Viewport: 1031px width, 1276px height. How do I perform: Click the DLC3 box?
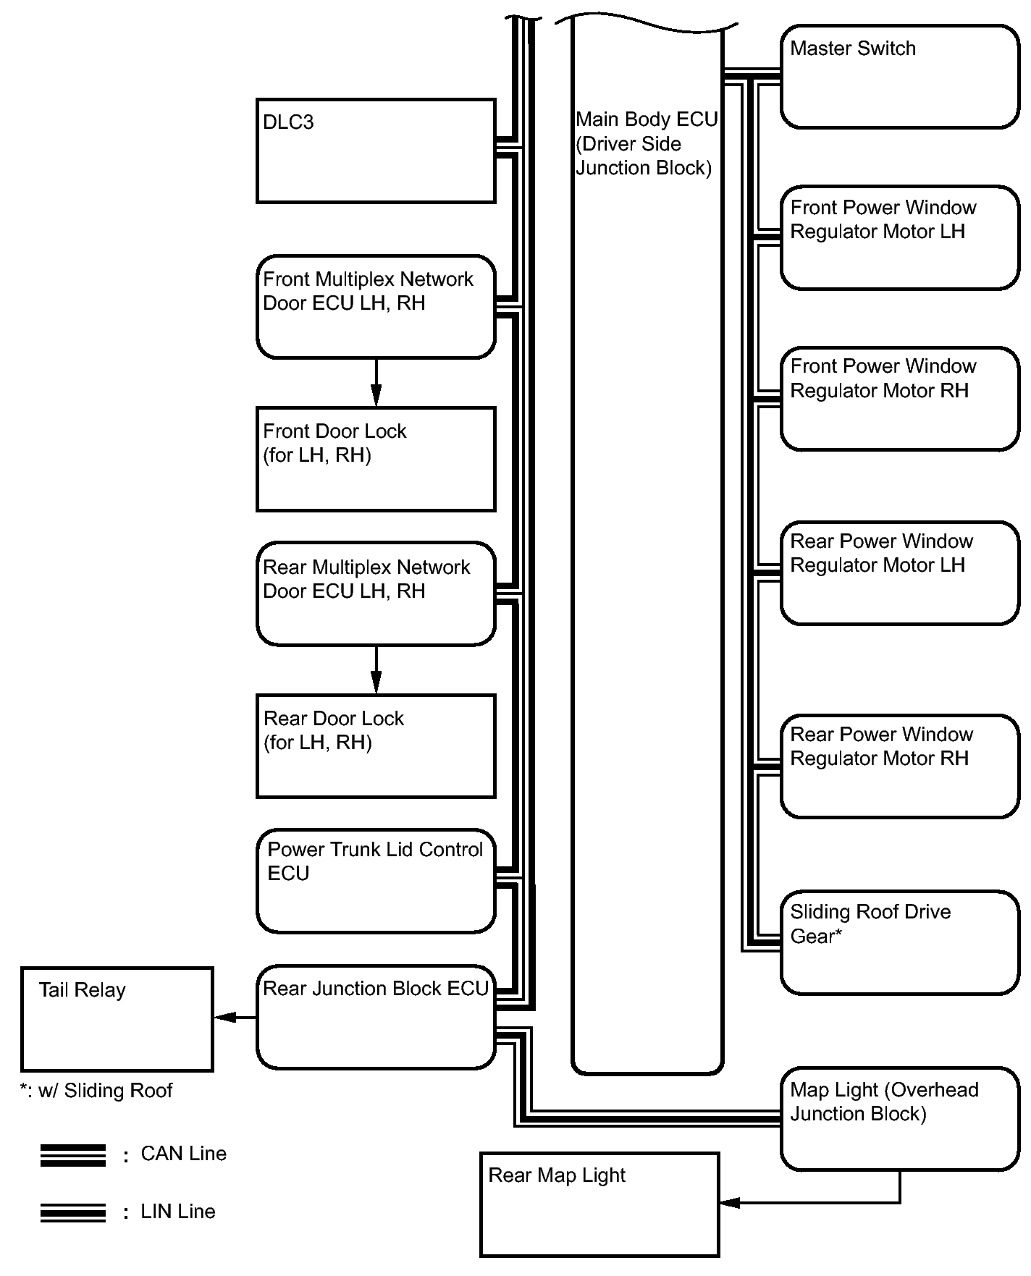(376, 151)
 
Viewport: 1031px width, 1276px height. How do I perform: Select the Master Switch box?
(900, 77)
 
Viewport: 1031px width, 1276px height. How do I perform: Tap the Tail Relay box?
(117, 1019)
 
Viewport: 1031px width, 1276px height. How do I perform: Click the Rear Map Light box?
(599, 1204)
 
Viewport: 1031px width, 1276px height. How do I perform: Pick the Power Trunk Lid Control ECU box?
(376, 881)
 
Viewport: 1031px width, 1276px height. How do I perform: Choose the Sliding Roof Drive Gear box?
(900, 942)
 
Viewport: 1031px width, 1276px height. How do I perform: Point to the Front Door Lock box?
(376, 459)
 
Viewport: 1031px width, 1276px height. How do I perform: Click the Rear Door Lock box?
(376, 746)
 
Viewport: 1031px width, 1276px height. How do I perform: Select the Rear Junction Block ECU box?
(376, 1017)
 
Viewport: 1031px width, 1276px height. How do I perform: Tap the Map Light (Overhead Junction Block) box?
(900, 1119)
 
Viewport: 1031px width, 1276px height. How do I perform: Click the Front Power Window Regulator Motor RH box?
(900, 399)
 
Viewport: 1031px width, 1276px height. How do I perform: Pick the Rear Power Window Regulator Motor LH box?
(900, 572)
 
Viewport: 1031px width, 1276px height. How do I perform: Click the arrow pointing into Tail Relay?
(235, 1018)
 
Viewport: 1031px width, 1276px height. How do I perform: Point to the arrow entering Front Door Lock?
(376, 382)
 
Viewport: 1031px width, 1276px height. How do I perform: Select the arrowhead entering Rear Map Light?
(730, 1203)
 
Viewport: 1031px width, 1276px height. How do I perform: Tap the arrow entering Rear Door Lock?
(376, 669)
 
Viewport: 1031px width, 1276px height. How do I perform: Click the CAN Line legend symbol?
(73, 1155)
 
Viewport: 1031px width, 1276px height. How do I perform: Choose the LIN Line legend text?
(178, 1212)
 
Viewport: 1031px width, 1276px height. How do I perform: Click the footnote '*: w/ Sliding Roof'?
(96, 1091)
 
